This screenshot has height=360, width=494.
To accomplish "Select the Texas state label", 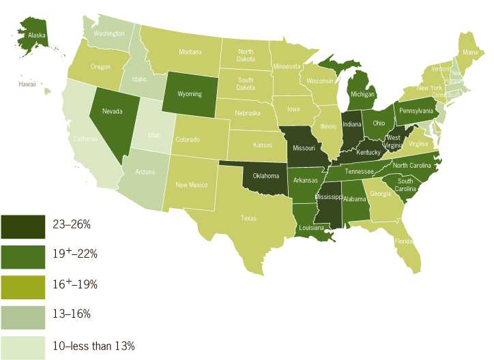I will (x=248, y=218).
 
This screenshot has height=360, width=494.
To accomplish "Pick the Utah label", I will (x=155, y=135).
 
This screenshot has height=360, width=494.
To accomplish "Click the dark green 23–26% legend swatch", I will (x=23, y=224).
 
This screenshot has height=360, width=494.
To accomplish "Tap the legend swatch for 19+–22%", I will (x=23, y=254).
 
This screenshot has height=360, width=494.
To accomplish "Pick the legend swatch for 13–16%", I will (x=23, y=314).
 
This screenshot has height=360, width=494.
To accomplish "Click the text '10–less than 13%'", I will (x=93, y=346).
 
